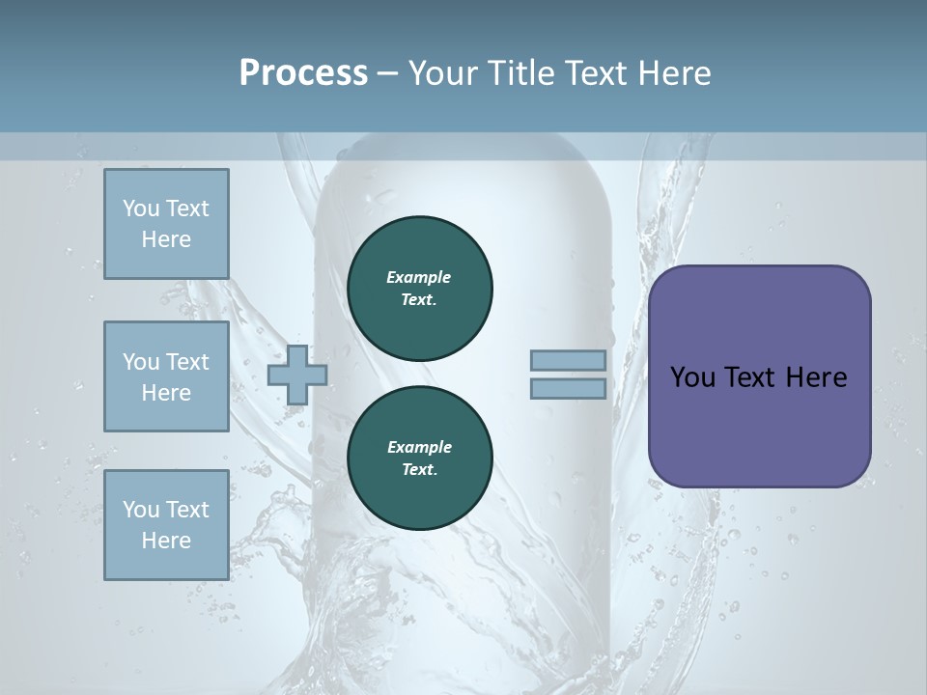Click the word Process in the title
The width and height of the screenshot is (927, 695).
pyautogui.click(x=303, y=73)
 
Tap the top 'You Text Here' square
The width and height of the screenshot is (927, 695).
pyautogui.click(x=166, y=224)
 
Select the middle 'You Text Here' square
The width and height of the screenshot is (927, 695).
pyautogui.click(x=166, y=376)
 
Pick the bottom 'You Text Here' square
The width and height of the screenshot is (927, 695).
pyautogui.click(x=166, y=525)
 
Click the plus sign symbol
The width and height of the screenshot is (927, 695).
pyautogui.click(x=296, y=375)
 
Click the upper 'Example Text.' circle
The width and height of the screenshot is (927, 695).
pyautogui.click(x=420, y=289)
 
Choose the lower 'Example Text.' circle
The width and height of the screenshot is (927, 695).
pyautogui.click(x=420, y=459)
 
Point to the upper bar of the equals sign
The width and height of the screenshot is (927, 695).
pyautogui.click(x=569, y=361)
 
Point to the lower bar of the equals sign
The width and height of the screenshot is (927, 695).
pyautogui.click(x=569, y=389)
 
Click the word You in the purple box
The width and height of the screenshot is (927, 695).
pyautogui.click(x=692, y=377)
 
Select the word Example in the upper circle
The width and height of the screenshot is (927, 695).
pyautogui.click(x=419, y=277)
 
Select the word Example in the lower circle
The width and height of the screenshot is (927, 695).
pyautogui.click(x=419, y=447)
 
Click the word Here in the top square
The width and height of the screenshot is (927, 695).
pyautogui.click(x=166, y=239)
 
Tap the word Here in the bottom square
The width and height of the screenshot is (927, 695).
pyautogui.click(x=166, y=541)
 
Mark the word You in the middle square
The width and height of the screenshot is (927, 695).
pyautogui.click(x=140, y=362)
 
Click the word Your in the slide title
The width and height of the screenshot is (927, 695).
pyautogui.click(x=440, y=73)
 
